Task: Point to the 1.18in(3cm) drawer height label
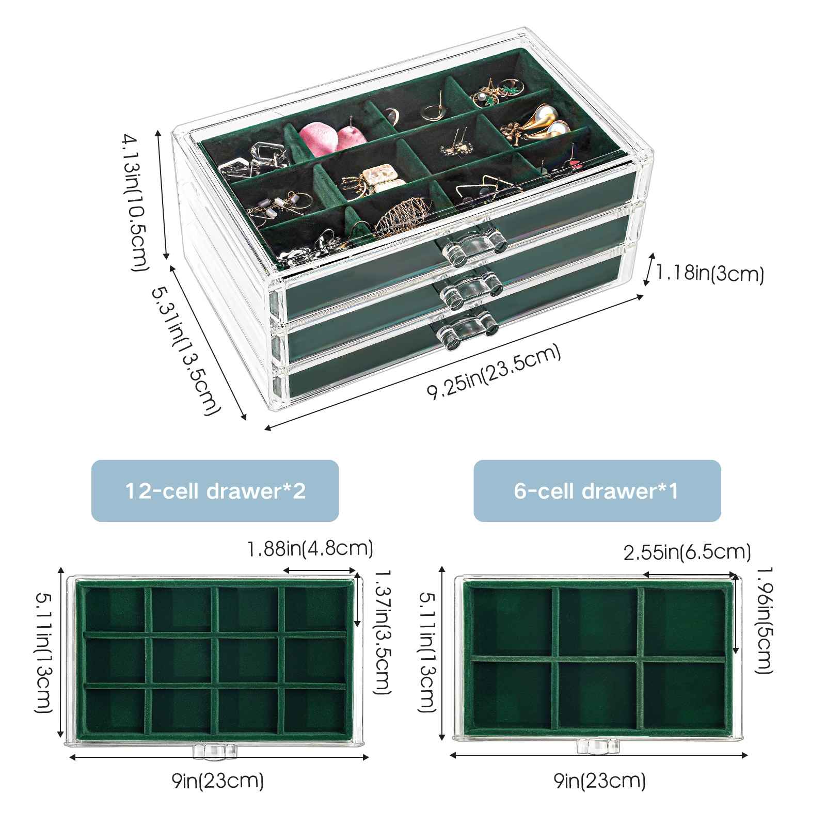tap(709, 273)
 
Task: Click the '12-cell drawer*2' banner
tap(215, 490)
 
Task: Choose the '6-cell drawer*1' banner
tap(597, 490)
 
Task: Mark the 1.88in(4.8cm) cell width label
tap(310, 548)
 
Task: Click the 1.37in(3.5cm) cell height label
tap(382, 632)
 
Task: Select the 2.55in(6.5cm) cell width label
tap(687, 552)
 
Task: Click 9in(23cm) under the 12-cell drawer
tap(218, 781)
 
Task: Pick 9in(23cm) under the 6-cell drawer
tap(600, 781)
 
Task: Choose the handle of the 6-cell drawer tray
tap(598, 745)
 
